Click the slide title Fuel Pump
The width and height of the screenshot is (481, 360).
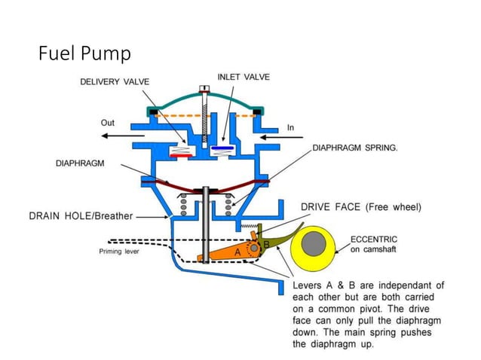84,53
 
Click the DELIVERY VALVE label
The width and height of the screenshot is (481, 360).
115,82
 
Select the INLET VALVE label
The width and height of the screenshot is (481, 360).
244,77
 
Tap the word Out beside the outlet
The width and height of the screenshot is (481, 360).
109,122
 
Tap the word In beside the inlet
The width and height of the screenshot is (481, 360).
291,128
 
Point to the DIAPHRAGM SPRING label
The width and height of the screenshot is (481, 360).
355,148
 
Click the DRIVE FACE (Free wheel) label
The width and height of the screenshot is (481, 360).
361,206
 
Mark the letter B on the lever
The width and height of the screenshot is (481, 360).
265,245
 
